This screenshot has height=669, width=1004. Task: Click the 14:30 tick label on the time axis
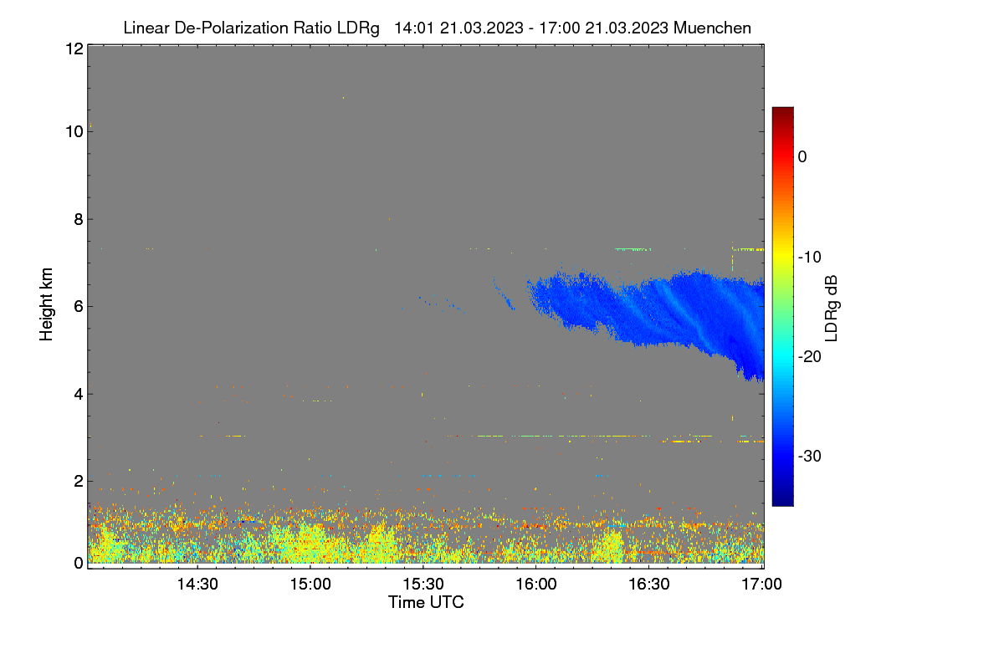pyautogui.click(x=197, y=585)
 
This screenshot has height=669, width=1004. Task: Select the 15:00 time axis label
pyautogui.click(x=310, y=585)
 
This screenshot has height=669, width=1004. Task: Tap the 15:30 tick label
pyautogui.click(x=423, y=585)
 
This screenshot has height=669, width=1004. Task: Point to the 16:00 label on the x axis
pyautogui.click(x=536, y=585)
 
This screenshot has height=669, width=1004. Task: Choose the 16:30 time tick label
pyautogui.click(x=649, y=585)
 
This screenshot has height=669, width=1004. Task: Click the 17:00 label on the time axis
pyautogui.click(x=761, y=585)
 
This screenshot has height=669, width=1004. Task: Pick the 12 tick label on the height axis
pyautogui.click(x=74, y=49)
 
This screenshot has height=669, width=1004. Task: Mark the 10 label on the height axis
pyautogui.click(x=74, y=132)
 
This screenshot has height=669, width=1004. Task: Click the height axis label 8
pyautogui.click(x=79, y=220)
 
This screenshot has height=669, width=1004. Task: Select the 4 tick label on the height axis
pyautogui.click(x=79, y=395)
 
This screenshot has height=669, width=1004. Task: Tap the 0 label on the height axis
pyautogui.click(x=79, y=564)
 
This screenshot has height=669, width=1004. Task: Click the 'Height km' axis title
pyautogui.click(x=46, y=304)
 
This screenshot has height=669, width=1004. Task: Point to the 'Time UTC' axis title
pyautogui.click(x=426, y=602)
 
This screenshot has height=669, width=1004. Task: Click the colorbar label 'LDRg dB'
pyautogui.click(x=832, y=309)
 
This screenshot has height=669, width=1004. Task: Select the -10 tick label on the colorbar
pyautogui.click(x=810, y=258)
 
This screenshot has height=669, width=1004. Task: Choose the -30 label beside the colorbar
pyautogui.click(x=810, y=456)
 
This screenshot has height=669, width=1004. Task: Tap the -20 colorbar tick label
pyautogui.click(x=810, y=357)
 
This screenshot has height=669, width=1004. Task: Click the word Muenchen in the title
pyautogui.click(x=712, y=28)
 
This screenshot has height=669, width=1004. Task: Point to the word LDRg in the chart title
pyautogui.click(x=358, y=28)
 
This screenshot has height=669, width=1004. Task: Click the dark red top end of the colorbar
pyautogui.click(x=782, y=109)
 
